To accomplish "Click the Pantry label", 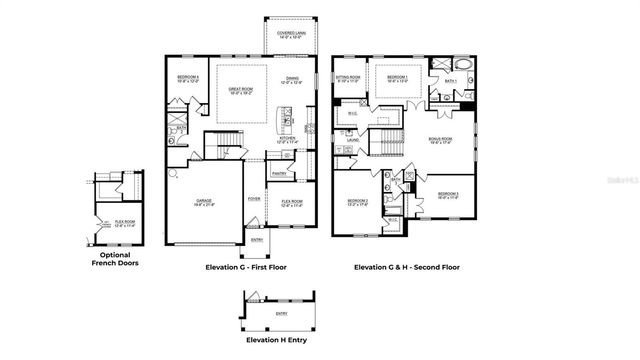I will pyautogui.click(x=279, y=172).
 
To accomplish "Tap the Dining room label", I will pyautogui.click(x=292, y=79).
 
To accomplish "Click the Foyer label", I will pyautogui.click(x=255, y=199).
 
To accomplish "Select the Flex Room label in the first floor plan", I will pyautogui.click(x=292, y=203).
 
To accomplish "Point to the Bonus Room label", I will pyautogui.click(x=442, y=141).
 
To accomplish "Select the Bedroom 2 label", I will pyautogui.click(x=358, y=203).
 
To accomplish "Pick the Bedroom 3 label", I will pyautogui.click(x=448, y=195).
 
